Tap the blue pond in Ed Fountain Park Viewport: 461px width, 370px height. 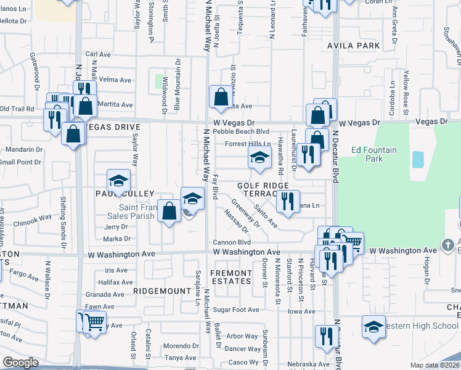pyautogui.click(x=418, y=160)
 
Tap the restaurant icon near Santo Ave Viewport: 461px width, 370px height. pyautogui.click(x=287, y=201)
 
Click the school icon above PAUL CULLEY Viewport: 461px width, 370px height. pyautogui.click(x=119, y=181)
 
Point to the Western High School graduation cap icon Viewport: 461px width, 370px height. pyautogui.click(x=373, y=327)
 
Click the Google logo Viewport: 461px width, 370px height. pyautogui.click(x=20, y=363)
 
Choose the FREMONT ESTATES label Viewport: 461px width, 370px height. pyautogui.click(x=231, y=277)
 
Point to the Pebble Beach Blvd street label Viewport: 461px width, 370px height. pyautogui.click(x=241, y=132)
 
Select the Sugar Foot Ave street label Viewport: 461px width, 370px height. pyautogui.click(x=237, y=310)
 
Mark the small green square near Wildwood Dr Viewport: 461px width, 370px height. pyautogui.click(x=164, y=81)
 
